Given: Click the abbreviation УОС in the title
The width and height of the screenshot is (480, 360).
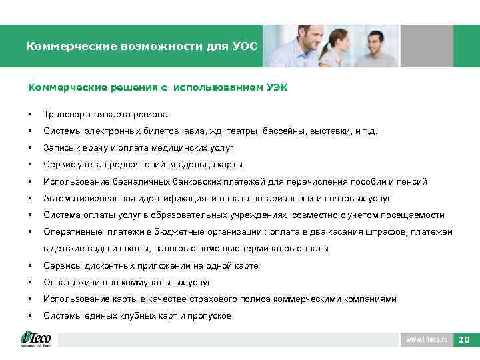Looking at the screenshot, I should pyautogui.click(x=243, y=47).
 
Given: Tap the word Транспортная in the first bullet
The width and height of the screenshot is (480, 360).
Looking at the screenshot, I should pyautogui.click(x=71, y=114).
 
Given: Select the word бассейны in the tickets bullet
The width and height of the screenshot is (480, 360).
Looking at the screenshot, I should pyautogui.click(x=283, y=131).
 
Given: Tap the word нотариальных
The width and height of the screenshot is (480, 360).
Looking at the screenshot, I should pyautogui.click(x=293, y=198).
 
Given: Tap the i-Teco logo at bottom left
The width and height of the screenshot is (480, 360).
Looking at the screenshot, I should pyautogui.click(x=36, y=339).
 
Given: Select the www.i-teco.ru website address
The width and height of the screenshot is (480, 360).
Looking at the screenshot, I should pyautogui.click(x=427, y=340).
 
